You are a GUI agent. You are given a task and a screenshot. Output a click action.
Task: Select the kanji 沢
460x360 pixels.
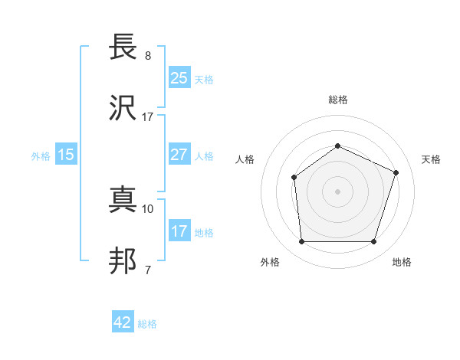click(x=123, y=110)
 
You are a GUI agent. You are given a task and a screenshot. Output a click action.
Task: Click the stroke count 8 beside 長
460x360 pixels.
click(x=148, y=56)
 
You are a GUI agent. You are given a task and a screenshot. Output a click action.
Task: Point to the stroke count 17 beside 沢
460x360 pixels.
click(x=148, y=116)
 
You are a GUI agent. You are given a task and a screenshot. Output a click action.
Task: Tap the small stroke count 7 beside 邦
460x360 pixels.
click(x=148, y=270)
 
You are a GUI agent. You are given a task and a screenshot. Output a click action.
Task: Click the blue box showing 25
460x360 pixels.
click(x=179, y=77)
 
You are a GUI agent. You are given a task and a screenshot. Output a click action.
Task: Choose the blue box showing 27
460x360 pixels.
click(x=179, y=154)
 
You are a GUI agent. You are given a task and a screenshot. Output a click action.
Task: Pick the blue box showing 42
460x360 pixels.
click(x=123, y=322)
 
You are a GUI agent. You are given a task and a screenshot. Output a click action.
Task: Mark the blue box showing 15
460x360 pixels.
click(x=66, y=155)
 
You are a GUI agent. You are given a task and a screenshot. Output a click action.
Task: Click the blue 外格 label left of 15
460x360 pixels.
click(x=41, y=155)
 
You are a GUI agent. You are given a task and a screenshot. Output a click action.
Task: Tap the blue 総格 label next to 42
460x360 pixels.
click(x=147, y=324)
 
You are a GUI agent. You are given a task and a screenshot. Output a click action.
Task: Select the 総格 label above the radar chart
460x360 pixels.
click(x=337, y=100)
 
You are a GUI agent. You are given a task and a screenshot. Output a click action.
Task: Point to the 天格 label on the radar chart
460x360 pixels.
click(x=431, y=159)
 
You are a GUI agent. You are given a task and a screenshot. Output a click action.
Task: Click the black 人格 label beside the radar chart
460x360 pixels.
click(x=245, y=159)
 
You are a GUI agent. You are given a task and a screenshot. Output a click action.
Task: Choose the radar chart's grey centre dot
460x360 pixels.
click(x=337, y=191)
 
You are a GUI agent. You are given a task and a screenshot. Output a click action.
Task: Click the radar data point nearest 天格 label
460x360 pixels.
click(x=396, y=172)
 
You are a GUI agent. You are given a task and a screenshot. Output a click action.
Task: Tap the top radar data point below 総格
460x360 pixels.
click(x=337, y=146)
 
